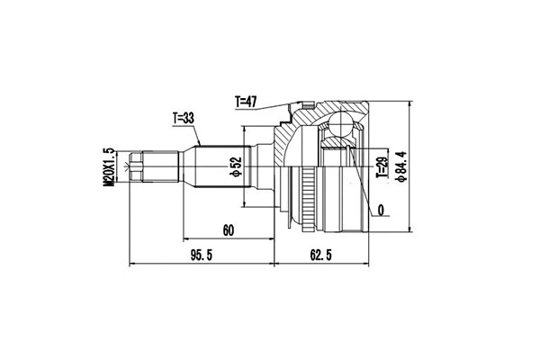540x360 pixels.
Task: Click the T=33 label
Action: click(182, 118)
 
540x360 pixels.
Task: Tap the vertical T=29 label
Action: click(381, 166)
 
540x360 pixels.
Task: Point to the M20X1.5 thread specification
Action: click(108, 166)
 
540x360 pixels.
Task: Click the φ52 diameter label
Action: click(234, 166)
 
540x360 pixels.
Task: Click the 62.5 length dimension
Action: click(321, 256)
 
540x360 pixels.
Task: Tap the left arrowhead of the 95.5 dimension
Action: click(134, 265)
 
